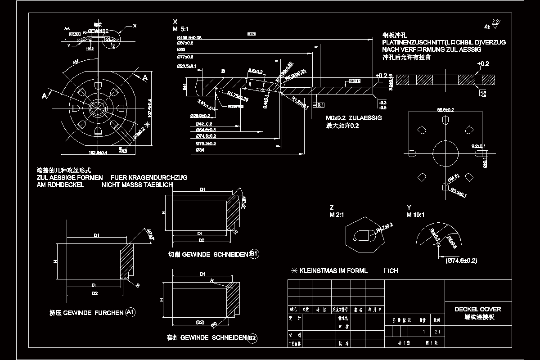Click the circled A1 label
[130, 312]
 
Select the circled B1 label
[254, 254]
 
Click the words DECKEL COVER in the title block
[477, 309]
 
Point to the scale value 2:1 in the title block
[437, 332]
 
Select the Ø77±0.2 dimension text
[185, 57]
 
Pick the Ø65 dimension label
[181, 49]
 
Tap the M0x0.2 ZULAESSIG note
[354, 118]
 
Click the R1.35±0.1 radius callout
[300, 103]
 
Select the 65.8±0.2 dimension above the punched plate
[445, 109]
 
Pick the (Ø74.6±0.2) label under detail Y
[461, 261]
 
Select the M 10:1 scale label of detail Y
[415, 215]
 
